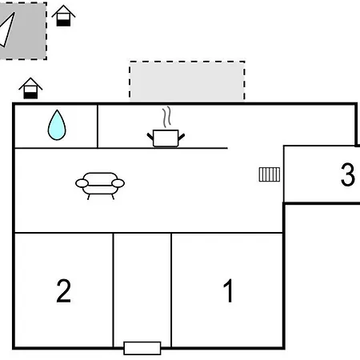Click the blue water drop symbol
pyautogui.click(x=57, y=126)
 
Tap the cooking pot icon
pyautogui.click(x=166, y=138)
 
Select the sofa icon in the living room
pyautogui.click(x=100, y=186)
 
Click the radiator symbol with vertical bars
pyautogui.click(x=270, y=174)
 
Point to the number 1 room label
pyautogui.click(x=228, y=290)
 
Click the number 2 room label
pyautogui.click(x=64, y=290)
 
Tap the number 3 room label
pyautogui.click(x=348, y=174)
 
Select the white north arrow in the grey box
pyautogui.click(x=7, y=30)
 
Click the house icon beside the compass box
pyautogui.click(x=63, y=15)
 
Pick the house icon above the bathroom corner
pyautogui.click(x=30, y=88)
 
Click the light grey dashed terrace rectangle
pyautogui.click(x=187, y=81)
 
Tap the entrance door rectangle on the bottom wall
pyautogui.click(x=142, y=348)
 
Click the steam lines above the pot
pyautogui.click(x=167, y=118)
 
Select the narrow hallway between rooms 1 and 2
pyautogui.click(x=142, y=290)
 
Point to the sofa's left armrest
pyautogui.click(x=82, y=183)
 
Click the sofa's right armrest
pyautogui.click(x=118, y=183)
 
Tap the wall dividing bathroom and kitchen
pyautogui.click(x=98, y=126)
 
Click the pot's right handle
pyautogui.click(x=182, y=137)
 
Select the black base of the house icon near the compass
pyautogui.click(x=63, y=22)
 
